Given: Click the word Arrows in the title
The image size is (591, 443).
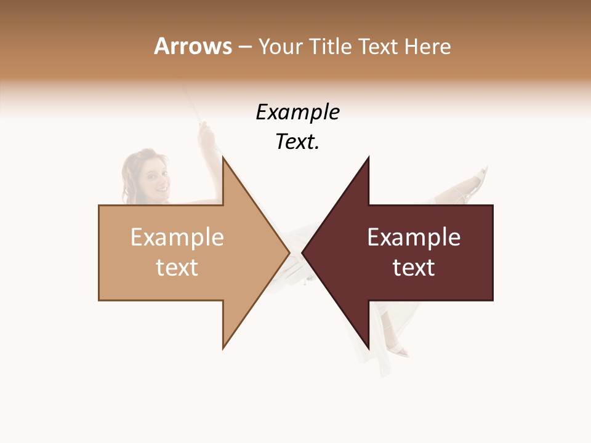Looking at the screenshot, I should point(193,46).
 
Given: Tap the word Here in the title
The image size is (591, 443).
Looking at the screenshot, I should point(429,47).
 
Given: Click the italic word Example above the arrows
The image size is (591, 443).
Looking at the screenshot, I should point(297,113).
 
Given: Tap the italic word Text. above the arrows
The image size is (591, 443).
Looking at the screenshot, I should point(297,142).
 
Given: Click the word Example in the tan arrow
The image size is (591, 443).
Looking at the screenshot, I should point(177,237).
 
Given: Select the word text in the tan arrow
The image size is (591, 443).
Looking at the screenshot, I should point(177,268).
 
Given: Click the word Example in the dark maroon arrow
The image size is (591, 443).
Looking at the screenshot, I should point(414,237).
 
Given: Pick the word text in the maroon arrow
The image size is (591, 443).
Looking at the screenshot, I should point(414,268).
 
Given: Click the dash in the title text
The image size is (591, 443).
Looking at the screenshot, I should point(244,47).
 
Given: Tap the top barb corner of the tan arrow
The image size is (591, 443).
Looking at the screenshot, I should point(223,158).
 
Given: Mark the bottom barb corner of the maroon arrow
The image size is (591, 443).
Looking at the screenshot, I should point(369,348).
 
